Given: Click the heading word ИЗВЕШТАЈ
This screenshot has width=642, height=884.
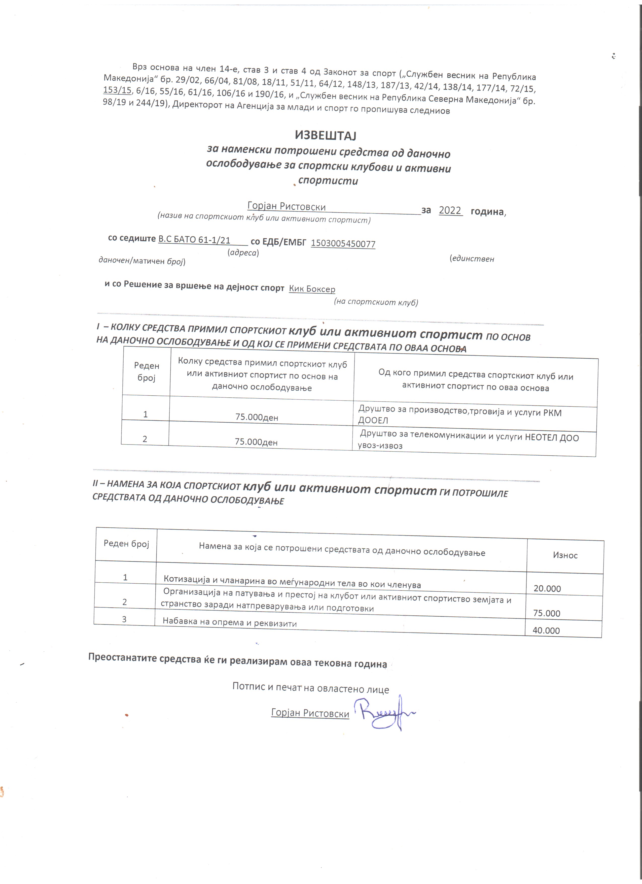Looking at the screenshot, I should tap(326, 135).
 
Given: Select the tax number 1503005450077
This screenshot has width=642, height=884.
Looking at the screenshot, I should tap(343, 244).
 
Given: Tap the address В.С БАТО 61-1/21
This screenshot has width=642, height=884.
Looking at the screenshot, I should tap(194, 240).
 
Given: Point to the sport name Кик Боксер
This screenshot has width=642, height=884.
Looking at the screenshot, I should tap(312, 289).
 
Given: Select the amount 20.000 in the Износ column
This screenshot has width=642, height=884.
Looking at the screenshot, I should tap(547, 589).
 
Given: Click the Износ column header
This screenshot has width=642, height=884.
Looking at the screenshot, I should tap(565, 555).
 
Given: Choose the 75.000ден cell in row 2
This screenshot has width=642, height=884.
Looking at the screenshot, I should tap(256, 441).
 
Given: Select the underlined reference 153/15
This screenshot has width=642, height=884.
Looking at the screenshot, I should tap(117, 90).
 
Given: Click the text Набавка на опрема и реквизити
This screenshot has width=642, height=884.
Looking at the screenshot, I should tap(229, 622).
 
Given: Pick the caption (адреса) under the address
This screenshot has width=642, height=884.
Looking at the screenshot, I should tap(243, 252).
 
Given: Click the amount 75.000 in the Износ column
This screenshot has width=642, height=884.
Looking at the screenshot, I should tap(547, 613).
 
